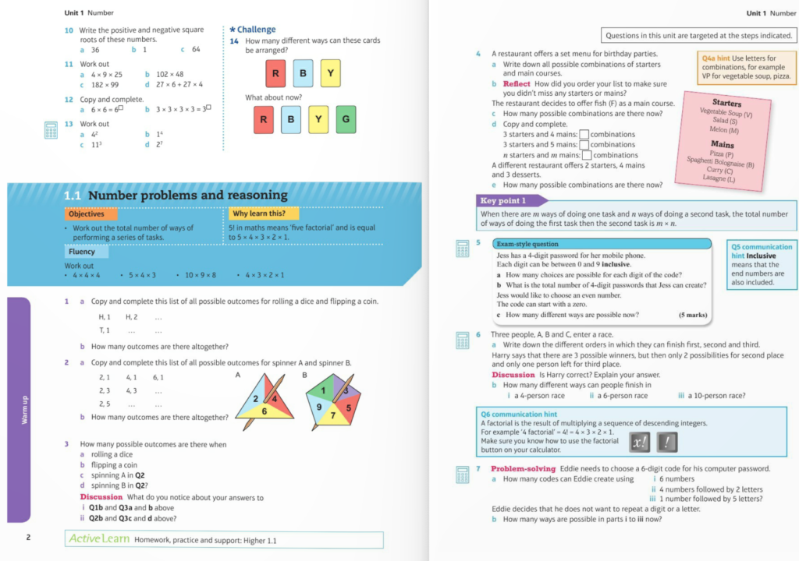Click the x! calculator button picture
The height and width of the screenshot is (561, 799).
point(640,443)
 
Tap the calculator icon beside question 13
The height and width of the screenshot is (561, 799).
point(51,129)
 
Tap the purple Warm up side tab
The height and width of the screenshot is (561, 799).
point(18,410)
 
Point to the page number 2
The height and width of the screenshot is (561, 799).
point(27,537)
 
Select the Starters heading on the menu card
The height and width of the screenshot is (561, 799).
point(727,103)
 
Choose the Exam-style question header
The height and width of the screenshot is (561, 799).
point(527,244)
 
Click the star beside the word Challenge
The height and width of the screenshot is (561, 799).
point(233,30)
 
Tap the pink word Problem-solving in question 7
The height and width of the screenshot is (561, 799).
point(523,468)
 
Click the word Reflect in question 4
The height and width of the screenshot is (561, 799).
point(517,83)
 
